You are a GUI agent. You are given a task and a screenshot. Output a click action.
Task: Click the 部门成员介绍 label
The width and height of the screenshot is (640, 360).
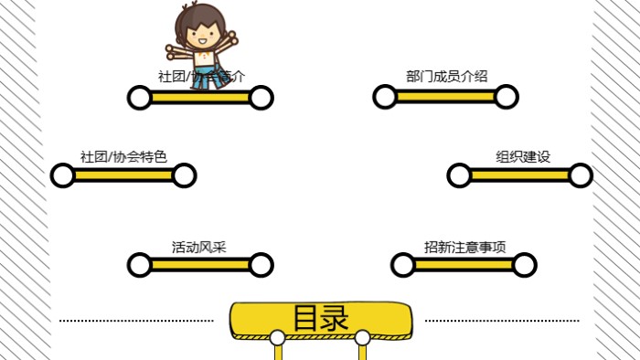point(446,76)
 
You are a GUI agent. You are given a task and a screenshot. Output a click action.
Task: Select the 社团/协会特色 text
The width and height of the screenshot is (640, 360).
point(123,156)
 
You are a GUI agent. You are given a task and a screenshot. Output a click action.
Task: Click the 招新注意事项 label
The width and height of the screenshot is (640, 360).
point(464,247)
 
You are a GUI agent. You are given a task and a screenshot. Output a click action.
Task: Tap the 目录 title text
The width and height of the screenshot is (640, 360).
point(321,319)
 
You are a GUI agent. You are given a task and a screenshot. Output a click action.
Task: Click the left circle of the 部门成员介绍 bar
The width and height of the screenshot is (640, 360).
point(384,97)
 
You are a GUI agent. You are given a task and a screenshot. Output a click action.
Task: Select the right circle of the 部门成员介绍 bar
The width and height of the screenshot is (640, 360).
point(507,97)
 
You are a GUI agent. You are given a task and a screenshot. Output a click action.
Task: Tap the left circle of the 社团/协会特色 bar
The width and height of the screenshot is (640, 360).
point(62,175)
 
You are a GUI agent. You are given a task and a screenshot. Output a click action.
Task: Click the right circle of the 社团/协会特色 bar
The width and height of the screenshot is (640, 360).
point(184,175)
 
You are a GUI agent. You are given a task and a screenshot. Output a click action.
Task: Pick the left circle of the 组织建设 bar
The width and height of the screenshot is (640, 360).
point(459,175)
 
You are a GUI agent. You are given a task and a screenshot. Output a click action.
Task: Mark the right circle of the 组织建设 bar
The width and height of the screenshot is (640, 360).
point(581,175)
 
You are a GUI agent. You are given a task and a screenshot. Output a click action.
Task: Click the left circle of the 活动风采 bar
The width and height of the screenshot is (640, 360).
point(139,265)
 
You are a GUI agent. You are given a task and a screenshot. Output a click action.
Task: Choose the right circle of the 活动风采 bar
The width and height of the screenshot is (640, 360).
point(261,265)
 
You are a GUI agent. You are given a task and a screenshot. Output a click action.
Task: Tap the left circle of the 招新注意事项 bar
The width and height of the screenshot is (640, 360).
point(402,265)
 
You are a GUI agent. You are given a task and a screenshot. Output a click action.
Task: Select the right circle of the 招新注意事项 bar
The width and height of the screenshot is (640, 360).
point(525,265)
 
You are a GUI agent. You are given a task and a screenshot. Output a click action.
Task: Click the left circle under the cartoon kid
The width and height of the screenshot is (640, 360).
point(139,97)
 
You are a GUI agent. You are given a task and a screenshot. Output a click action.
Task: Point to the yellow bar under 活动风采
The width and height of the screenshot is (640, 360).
point(199,265)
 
